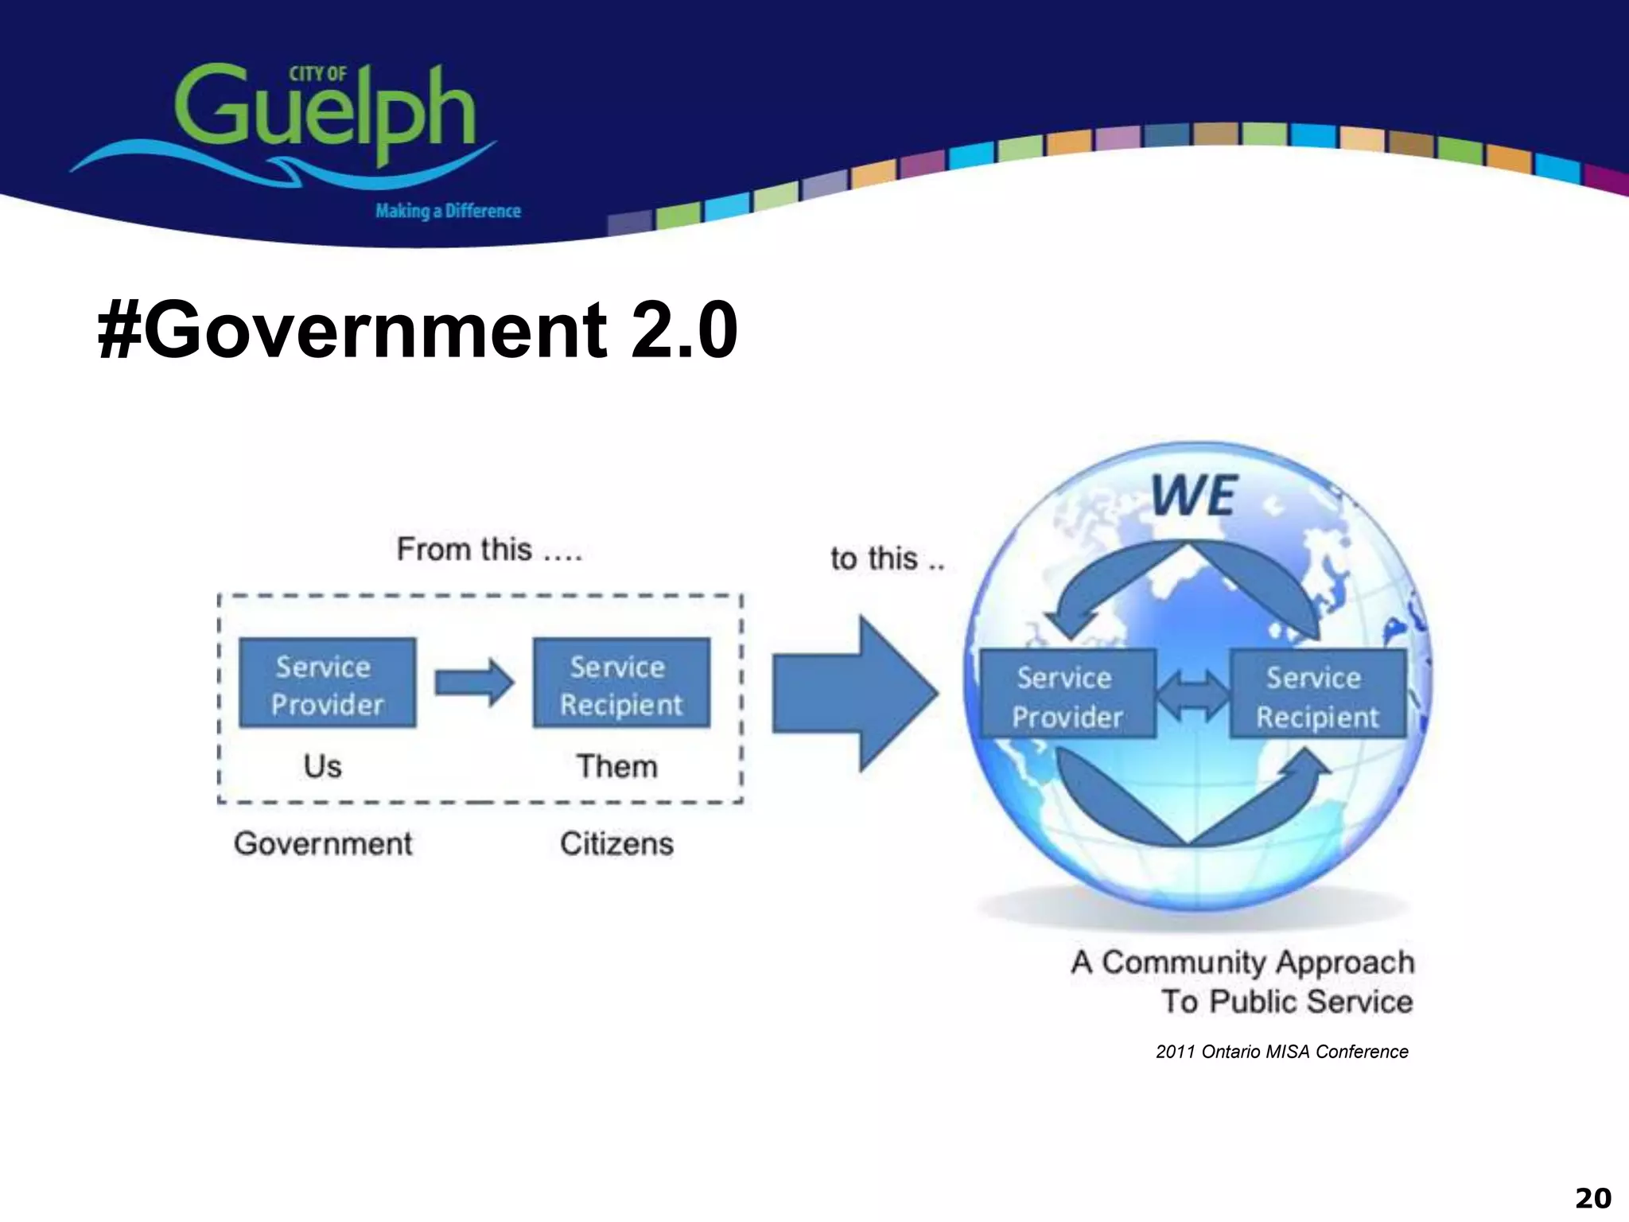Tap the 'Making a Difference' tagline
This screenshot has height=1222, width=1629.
pyautogui.click(x=448, y=211)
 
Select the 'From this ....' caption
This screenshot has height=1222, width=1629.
pyautogui.click(x=489, y=550)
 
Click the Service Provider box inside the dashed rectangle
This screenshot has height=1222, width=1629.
pyautogui.click(x=327, y=683)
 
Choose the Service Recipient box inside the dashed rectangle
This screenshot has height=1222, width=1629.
pyautogui.click(x=621, y=683)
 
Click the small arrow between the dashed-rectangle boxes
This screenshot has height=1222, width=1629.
pyautogui.click(x=474, y=683)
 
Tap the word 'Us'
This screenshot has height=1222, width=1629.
pyautogui.click(x=322, y=766)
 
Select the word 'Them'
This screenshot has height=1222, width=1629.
pyautogui.click(x=617, y=766)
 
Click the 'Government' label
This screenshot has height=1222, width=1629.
pyautogui.click(x=323, y=843)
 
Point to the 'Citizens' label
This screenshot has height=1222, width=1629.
pyautogui.click(x=616, y=843)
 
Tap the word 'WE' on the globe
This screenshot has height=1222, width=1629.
pyautogui.click(x=1195, y=496)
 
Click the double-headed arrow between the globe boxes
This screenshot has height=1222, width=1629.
pyautogui.click(x=1192, y=695)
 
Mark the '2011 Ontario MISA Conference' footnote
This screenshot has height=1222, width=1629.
pyautogui.click(x=1281, y=1052)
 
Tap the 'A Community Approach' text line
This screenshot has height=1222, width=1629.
pyautogui.click(x=1242, y=963)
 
